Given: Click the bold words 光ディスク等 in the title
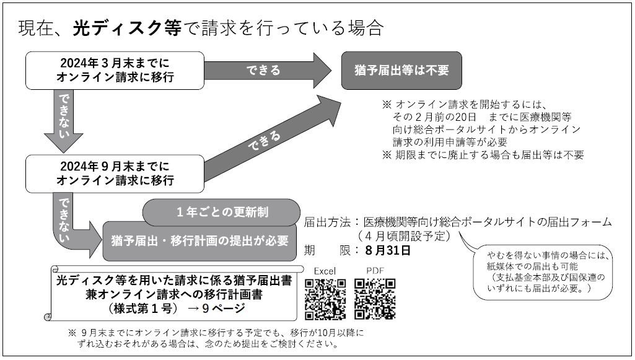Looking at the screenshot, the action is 127,28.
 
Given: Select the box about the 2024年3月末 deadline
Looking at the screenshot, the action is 115,71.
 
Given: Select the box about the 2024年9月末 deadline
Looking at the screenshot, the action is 115,173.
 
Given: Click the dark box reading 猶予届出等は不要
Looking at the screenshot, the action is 401,71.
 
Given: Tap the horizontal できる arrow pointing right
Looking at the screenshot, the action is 267,71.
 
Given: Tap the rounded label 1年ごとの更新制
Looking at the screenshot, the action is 222,212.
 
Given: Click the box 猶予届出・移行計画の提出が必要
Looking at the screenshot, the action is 199,241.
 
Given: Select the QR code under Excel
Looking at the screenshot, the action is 325,299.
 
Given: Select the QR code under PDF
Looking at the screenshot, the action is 375,299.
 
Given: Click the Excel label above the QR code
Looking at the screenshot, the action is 325,271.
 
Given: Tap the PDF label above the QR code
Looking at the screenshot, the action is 375,271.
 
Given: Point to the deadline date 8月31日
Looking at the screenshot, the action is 388,250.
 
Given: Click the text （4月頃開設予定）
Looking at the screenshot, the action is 404,235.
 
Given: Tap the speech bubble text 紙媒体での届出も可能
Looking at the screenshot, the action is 532,266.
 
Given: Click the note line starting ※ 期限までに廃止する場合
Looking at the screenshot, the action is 483,155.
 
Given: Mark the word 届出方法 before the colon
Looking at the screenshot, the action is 327,222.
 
